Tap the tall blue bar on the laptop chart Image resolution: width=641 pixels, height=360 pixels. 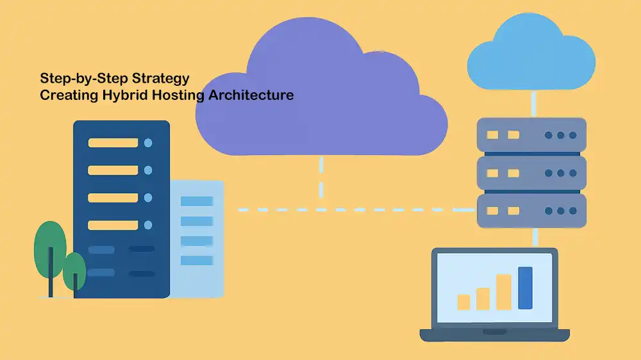pos(525,288)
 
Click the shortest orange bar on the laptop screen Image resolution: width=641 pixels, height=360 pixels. pos(463,302)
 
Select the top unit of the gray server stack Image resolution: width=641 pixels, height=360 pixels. pos(531,135)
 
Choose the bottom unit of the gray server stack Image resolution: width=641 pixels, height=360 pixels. pos(531,210)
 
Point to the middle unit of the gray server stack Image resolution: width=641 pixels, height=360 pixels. pos(531,172)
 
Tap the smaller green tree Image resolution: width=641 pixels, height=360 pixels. pos(74,269)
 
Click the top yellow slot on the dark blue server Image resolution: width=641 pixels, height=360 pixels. pos(113,143)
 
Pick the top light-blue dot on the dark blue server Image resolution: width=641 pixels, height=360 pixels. pos(148,143)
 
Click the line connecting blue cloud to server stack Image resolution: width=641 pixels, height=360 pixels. pos(532,104)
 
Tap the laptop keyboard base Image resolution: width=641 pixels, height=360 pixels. pos(494,335)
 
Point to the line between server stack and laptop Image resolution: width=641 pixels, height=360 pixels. pos(533,238)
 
